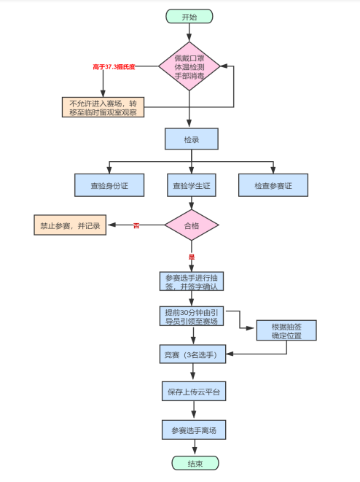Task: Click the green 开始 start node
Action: click(x=189, y=16)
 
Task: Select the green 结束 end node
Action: click(x=195, y=463)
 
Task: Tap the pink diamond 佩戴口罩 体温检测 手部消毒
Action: click(x=189, y=66)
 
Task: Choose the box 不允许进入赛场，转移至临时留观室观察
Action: click(x=103, y=106)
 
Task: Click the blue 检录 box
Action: click(x=191, y=138)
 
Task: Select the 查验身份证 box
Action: click(x=109, y=185)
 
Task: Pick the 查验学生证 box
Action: click(x=191, y=185)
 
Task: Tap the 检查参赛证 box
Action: click(x=273, y=185)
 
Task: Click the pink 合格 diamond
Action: click(x=191, y=225)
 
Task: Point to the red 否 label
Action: click(x=136, y=225)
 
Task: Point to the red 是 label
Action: click(x=192, y=257)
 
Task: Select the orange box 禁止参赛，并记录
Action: click(x=70, y=225)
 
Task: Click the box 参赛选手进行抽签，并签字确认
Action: click(x=191, y=281)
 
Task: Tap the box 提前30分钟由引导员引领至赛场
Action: click(x=191, y=316)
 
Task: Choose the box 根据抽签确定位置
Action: click(x=286, y=330)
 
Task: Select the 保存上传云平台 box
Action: click(x=193, y=392)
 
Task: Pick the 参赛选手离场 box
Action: click(x=193, y=429)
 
